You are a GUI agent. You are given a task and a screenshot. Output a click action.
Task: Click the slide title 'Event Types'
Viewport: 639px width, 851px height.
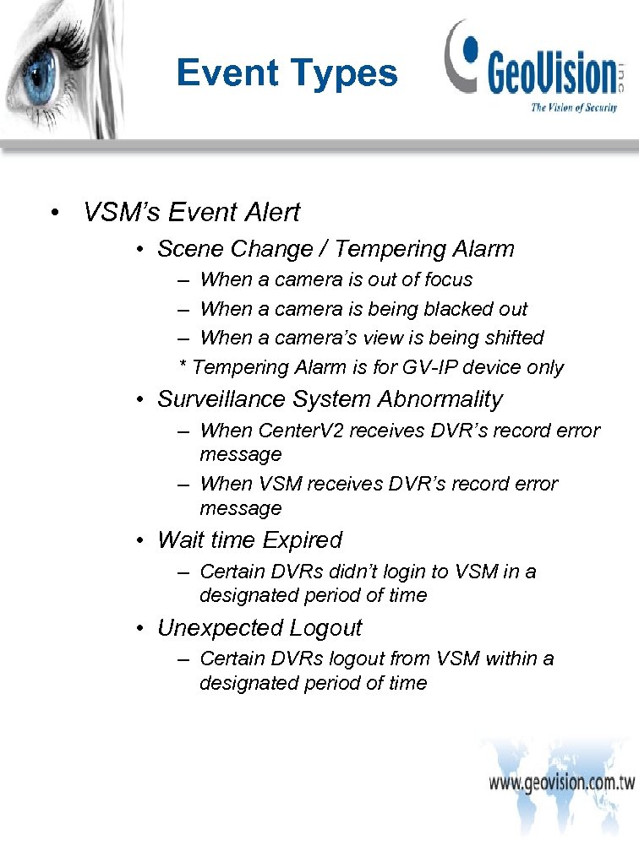click(x=287, y=73)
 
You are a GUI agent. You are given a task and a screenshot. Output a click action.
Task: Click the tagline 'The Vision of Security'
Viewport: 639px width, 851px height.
click(x=573, y=107)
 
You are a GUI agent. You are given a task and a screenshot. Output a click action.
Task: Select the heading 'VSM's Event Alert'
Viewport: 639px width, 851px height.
click(x=191, y=212)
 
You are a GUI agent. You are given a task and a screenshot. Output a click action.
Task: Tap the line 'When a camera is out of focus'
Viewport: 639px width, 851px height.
click(x=336, y=279)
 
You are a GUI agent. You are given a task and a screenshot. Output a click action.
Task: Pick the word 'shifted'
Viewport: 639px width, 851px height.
click(x=512, y=338)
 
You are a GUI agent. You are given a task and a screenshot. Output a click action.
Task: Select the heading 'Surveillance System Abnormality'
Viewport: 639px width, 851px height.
click(x=330, y=399)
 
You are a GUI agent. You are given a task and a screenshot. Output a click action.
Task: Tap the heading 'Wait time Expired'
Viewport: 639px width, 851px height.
click(x=249, y=540)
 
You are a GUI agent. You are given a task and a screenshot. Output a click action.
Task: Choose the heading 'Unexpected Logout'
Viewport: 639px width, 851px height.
click(x=259, y=628)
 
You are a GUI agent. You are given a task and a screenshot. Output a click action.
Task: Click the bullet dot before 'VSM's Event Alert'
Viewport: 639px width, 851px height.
click(x=54, y=213)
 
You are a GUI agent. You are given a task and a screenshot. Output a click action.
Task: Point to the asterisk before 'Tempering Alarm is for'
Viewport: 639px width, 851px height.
click(x=183, y=366)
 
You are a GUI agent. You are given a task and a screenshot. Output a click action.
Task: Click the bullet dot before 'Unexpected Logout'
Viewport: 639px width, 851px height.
click(x=144, y=629)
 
